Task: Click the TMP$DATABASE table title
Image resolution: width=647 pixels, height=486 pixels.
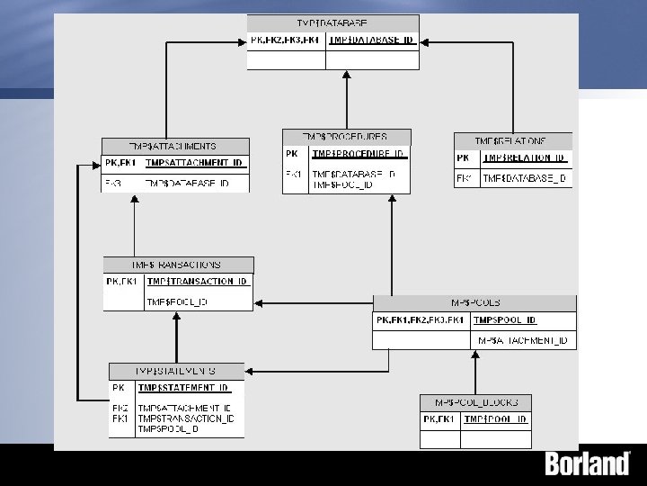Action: pyautogui.click(x=332, y=22)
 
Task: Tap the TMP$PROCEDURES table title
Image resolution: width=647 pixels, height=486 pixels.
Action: pyautogui.click(x=346, y=137)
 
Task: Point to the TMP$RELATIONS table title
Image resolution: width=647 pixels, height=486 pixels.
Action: pyautogui.click(x=512, y=141)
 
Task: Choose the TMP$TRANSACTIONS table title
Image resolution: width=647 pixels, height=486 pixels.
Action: pyautogui.click(x=178, y=265)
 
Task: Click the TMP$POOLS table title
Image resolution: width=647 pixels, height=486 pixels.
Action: pyautogui.click(x=474, y=303)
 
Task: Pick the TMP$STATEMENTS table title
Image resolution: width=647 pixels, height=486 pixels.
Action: pyautogui.click(x=176, y=370)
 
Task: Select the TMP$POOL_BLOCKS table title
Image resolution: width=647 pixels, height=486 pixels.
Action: pyautogui.click(x=475, y=402)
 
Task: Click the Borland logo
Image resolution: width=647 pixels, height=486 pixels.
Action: pyautogui.click(x=588, y=464)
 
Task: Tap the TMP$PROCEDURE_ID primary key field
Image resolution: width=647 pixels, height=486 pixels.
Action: pyautogui.click(x=359, y=153)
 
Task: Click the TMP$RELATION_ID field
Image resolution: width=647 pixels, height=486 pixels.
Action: pyautogui.click(x=524, y=157)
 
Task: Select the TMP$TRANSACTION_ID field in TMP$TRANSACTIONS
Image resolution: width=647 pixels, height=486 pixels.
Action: pyautogui.click(x=197, y=282)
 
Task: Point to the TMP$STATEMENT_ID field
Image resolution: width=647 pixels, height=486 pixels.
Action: pyautogui.click(x=183, y=388)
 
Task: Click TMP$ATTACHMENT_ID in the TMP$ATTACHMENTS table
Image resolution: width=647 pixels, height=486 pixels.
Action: pyautogui.click(x=194, y=163)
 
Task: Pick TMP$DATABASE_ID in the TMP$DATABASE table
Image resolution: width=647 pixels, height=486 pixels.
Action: pyautogui.click(x=371, y=40)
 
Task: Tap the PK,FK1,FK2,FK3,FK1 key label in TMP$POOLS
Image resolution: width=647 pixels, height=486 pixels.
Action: pyautogui.click(x=421, y=320)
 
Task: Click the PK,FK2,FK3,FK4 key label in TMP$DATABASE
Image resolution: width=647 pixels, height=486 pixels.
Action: pyautogui.click(x=286, y=40)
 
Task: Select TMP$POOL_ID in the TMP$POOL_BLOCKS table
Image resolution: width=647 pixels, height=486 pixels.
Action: pyautogui.click(x=495, y=419)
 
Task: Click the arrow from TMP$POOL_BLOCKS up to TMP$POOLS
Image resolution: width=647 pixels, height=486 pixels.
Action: pyautogui.click(x=475, y=372)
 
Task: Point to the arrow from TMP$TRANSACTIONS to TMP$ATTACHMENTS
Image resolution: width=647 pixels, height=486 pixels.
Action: pyautogui.click(x=134, y=225)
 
